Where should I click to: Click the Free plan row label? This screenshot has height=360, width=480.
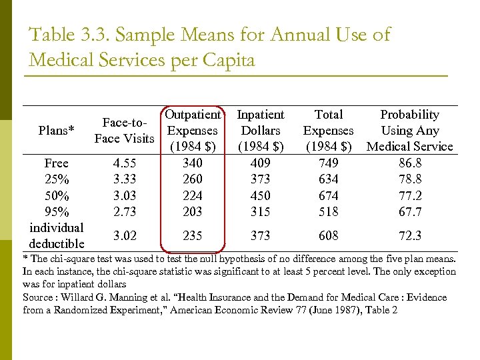click(x=57, y=163)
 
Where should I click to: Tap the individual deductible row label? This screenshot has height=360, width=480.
click(x=57, y=235)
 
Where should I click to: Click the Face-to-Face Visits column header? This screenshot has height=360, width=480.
click(x=125, y=131)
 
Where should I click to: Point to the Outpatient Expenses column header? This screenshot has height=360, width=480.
click(x=193, y=131)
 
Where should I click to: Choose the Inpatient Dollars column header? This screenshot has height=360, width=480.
click(x=260, y=131)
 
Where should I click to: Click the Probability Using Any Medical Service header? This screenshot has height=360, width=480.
click(x=409, y=131)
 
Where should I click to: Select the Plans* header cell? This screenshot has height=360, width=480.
click(x=57, y=131)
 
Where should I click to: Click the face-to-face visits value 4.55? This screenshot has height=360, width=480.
click(x=125, y=163)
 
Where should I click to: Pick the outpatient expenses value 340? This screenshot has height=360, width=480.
click(x=193, y=163)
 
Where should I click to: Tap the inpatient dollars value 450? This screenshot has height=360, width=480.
click(x=260, y=196)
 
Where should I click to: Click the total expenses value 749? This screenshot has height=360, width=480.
click(x=328, y=163)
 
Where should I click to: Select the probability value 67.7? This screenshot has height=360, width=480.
click(x=409, y=212)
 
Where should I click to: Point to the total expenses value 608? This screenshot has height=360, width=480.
click(x=328, y=235)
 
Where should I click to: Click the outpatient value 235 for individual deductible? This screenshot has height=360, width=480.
click(x=193, y=235)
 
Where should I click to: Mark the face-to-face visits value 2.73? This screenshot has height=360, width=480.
click(x=125, y=212)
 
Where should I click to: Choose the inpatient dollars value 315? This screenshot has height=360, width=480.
click(x=260, y=212)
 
